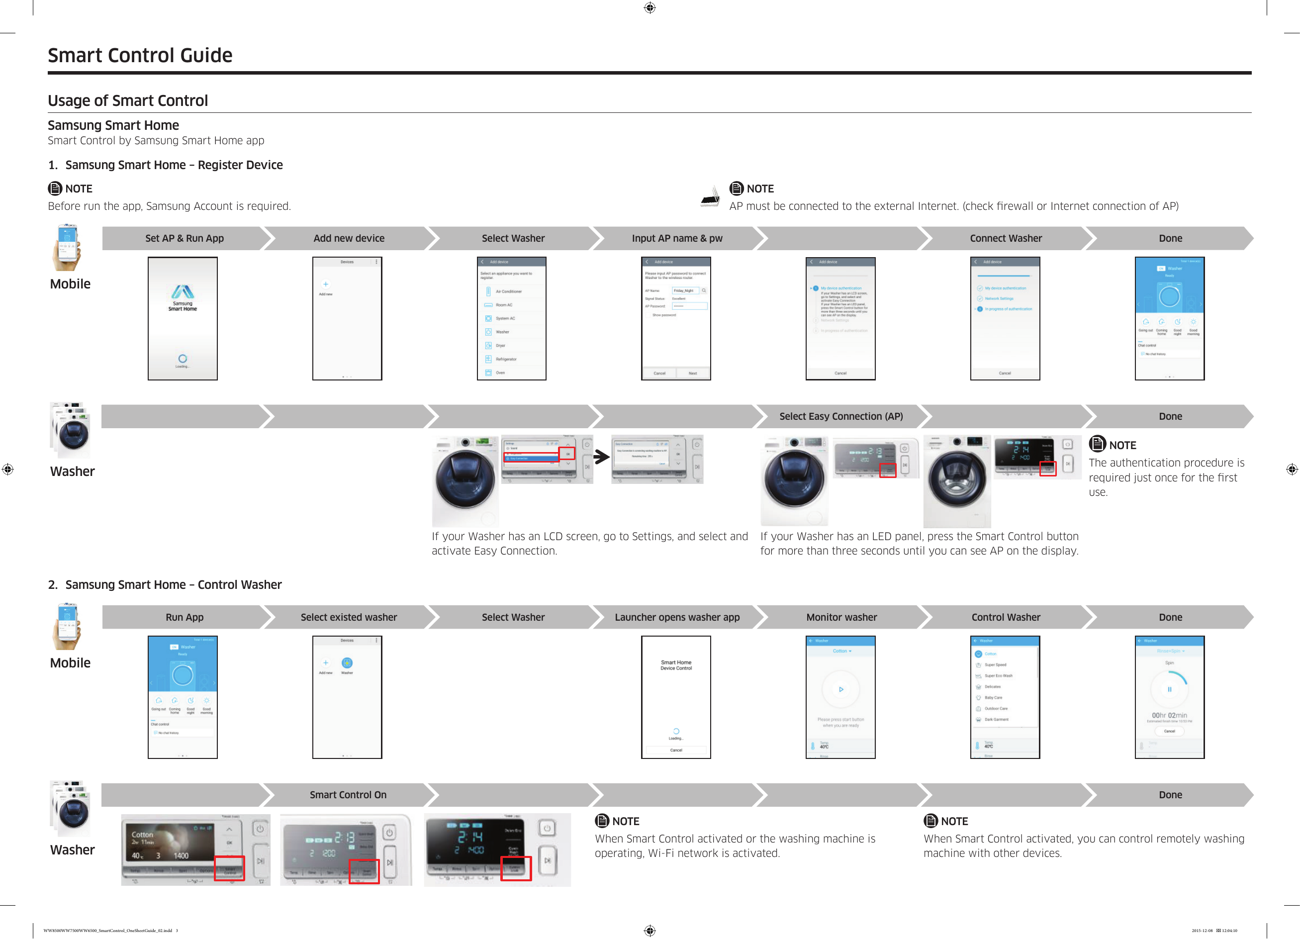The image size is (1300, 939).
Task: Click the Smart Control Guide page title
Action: pos(140,55)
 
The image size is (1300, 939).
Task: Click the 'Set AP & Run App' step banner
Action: pos(184,238)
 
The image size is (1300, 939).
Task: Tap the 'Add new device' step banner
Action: pos(349,238)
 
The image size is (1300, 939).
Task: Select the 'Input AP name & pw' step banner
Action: pos(677,238)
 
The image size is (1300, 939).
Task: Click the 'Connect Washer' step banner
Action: pos(1006,238)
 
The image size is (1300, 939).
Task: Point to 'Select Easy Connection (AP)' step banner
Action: pos(841,416)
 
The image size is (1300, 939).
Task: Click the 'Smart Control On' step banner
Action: pos(348,795)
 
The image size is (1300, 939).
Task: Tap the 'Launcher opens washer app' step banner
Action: pos(677,617)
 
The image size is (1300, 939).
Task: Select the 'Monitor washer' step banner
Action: pos(841,617)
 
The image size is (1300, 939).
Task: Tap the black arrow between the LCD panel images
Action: pos(601,457)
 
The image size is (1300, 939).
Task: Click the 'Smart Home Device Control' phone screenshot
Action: pos(676,696)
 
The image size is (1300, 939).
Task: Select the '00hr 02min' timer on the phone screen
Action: pos(1169,715)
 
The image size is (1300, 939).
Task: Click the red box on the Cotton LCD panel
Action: pos(229,868)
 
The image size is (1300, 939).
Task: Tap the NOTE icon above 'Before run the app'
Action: pos(55,188)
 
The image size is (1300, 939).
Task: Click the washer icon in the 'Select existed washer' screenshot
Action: pos(347,663)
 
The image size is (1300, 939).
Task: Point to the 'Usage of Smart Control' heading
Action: pos(128,100)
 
